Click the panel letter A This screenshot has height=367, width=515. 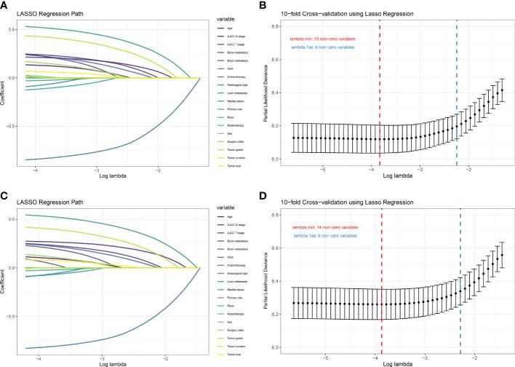5,5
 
